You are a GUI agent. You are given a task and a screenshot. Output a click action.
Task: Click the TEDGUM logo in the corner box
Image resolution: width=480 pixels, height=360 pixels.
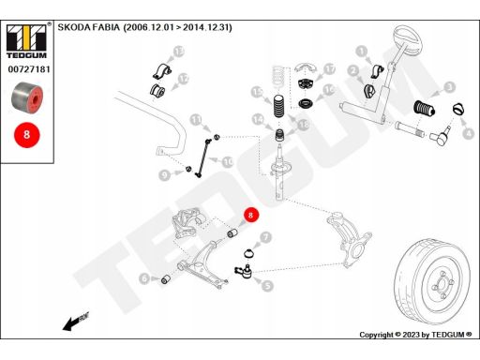tap(26, 40)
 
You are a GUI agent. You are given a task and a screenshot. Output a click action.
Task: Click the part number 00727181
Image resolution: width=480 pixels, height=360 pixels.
tap(29, 69)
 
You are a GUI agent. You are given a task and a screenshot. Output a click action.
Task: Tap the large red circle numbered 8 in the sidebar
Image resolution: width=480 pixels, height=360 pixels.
tap(27, 135)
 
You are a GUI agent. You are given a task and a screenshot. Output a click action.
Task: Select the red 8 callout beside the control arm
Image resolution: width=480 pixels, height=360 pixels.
tap(250, 215)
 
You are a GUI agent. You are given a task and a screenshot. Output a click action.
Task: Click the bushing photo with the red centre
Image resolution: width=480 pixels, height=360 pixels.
tap(27, 97)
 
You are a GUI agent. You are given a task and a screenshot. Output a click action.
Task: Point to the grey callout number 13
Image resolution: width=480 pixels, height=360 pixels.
tap(178, 52)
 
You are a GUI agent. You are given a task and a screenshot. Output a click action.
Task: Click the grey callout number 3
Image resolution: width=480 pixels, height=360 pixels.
tap(449, 87)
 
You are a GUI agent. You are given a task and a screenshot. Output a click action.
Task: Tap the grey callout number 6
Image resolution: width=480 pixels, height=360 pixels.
tap(144, 278)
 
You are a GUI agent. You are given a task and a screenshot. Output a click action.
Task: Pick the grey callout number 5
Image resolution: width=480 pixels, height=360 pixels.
tap(267, 286)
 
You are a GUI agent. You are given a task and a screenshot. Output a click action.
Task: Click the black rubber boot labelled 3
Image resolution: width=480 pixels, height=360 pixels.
tap(425, 108)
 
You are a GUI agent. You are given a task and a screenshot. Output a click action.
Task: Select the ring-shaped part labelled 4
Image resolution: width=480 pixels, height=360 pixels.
tap(458, 109)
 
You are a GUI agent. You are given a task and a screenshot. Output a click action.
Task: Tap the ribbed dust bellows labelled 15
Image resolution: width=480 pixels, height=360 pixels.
tap(279, 106)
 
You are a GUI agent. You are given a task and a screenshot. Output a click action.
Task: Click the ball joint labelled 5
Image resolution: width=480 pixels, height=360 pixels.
tap(245, 271)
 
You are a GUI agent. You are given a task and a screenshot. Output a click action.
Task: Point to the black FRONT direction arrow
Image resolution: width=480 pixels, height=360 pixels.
tap(76, 321)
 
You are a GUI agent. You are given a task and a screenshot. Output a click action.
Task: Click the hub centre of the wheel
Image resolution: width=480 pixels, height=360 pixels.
tap(442, 285)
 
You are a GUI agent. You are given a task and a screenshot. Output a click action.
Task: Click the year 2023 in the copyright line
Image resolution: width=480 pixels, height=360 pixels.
tap(412, 335)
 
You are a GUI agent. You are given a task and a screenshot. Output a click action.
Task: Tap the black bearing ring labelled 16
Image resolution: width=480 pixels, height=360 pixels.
tap(306, 103)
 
